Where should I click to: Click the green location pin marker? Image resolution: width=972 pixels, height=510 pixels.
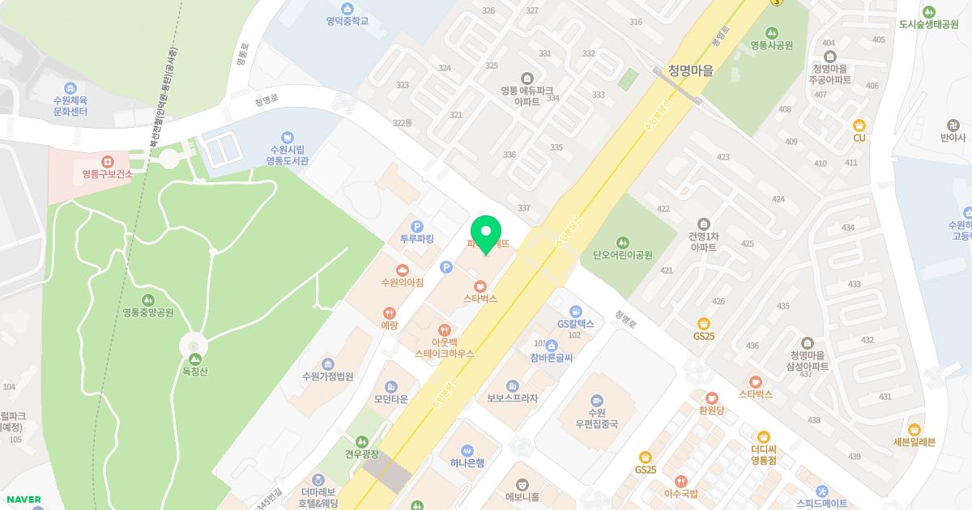[x=486, y=233]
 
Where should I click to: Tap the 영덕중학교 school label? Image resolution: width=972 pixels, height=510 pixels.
[x=347, y=20]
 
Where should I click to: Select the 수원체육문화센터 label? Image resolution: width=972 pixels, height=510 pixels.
[x=70, y=105]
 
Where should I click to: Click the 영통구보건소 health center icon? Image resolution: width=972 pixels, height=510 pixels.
[x=107, y=162]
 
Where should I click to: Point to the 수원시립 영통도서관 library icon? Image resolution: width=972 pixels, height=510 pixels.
[x=287, y=138]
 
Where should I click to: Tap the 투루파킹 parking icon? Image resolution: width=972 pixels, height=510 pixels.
[x=417, y=227]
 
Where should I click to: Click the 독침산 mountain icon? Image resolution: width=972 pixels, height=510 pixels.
[x=194, y=359]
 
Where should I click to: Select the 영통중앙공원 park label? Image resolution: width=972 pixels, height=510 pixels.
[x=148, y=312]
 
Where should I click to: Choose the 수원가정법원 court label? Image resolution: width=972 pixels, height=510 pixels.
[x=327, y=376]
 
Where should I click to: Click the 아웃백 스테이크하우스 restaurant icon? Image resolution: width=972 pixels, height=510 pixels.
[x=444, y=330]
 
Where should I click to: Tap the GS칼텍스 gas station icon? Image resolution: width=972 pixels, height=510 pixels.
[x=575, y=312]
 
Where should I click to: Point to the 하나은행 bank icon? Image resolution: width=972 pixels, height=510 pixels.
[x=467, y=451]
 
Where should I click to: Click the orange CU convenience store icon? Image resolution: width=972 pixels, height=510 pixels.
[x=859, y=125]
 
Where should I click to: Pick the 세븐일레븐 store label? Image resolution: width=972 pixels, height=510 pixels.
[x=914, y=442]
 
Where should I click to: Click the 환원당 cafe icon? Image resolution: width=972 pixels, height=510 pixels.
[x=711, y=398]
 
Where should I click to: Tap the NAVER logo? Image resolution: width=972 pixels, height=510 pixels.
[x=23, y=499]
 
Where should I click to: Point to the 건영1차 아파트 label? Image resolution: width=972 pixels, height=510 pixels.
[x=703, y=242]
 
